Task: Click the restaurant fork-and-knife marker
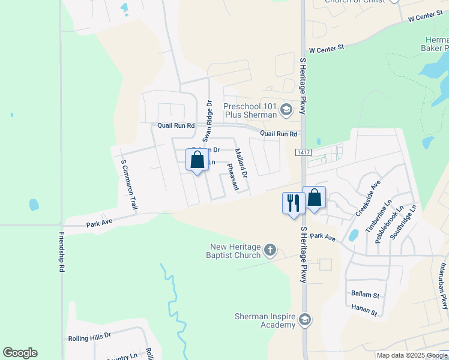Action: tap(293, 202)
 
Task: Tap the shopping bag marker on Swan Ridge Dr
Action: tap(197, 160)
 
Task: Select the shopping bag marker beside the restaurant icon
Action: tap(314, 197)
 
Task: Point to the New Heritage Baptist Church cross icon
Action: tap(270, 250)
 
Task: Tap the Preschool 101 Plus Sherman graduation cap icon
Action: tap(286, 109)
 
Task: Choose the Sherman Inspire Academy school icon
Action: tap(306, 319)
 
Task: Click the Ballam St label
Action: tap(366, 295)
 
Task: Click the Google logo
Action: tap(20, 353)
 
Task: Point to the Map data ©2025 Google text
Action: tap(412, 355)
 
